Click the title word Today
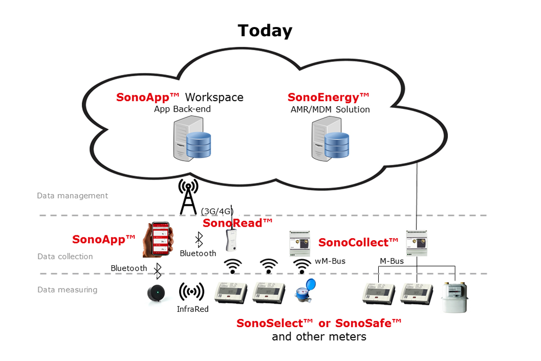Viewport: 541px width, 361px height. [x=265, y=31]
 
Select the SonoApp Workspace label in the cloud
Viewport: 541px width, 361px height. [x=180, y=97]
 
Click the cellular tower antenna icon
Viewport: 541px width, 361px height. [x=188, y=197]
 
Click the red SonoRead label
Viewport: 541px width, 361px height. [x=237, y=223]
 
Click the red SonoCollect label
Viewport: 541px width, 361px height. [x=358, y=242]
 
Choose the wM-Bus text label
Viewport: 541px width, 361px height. [x=330, y=261]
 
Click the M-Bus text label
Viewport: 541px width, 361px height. [x=392, y=261]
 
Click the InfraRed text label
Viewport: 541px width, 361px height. [x=193, y=309]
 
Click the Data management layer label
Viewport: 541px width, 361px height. [x=72, y=196]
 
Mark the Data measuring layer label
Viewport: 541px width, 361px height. [x=67, y=290]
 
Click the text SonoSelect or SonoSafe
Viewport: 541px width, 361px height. [x=319, y=323]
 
